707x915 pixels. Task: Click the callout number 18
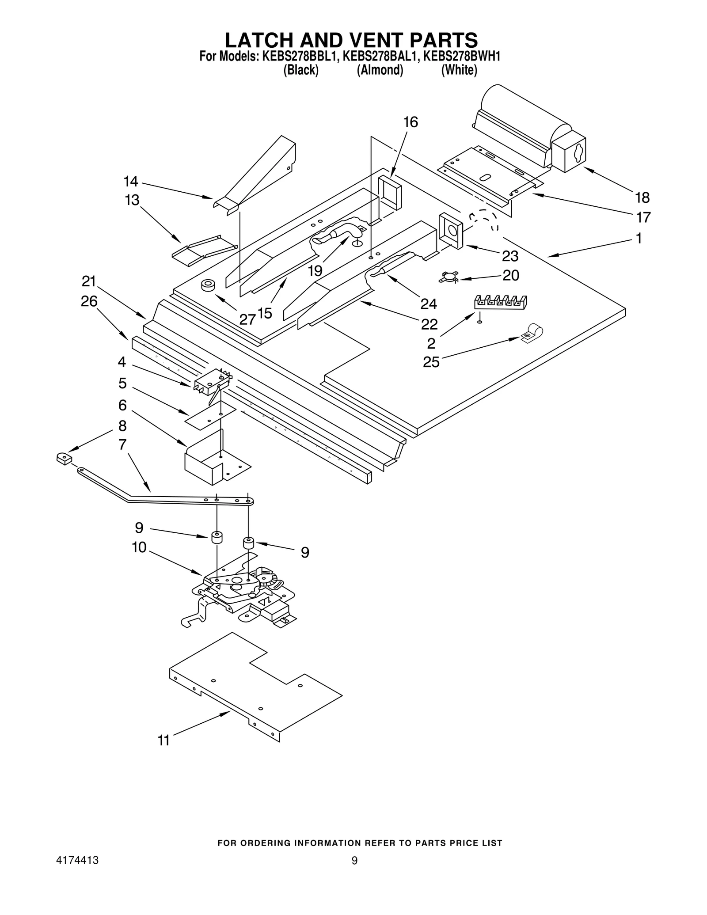point(642,197)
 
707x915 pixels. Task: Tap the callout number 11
point(163,740)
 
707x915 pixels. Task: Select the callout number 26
point(89,301)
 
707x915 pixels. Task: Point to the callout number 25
point(431,362)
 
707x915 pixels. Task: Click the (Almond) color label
point(380,70)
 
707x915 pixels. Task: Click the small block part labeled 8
point(64,459)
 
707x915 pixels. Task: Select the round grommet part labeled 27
point(207,285)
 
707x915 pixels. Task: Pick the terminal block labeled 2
point(501,302)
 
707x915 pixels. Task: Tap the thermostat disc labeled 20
point(448,277)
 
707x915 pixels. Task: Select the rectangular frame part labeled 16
point(389,192)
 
